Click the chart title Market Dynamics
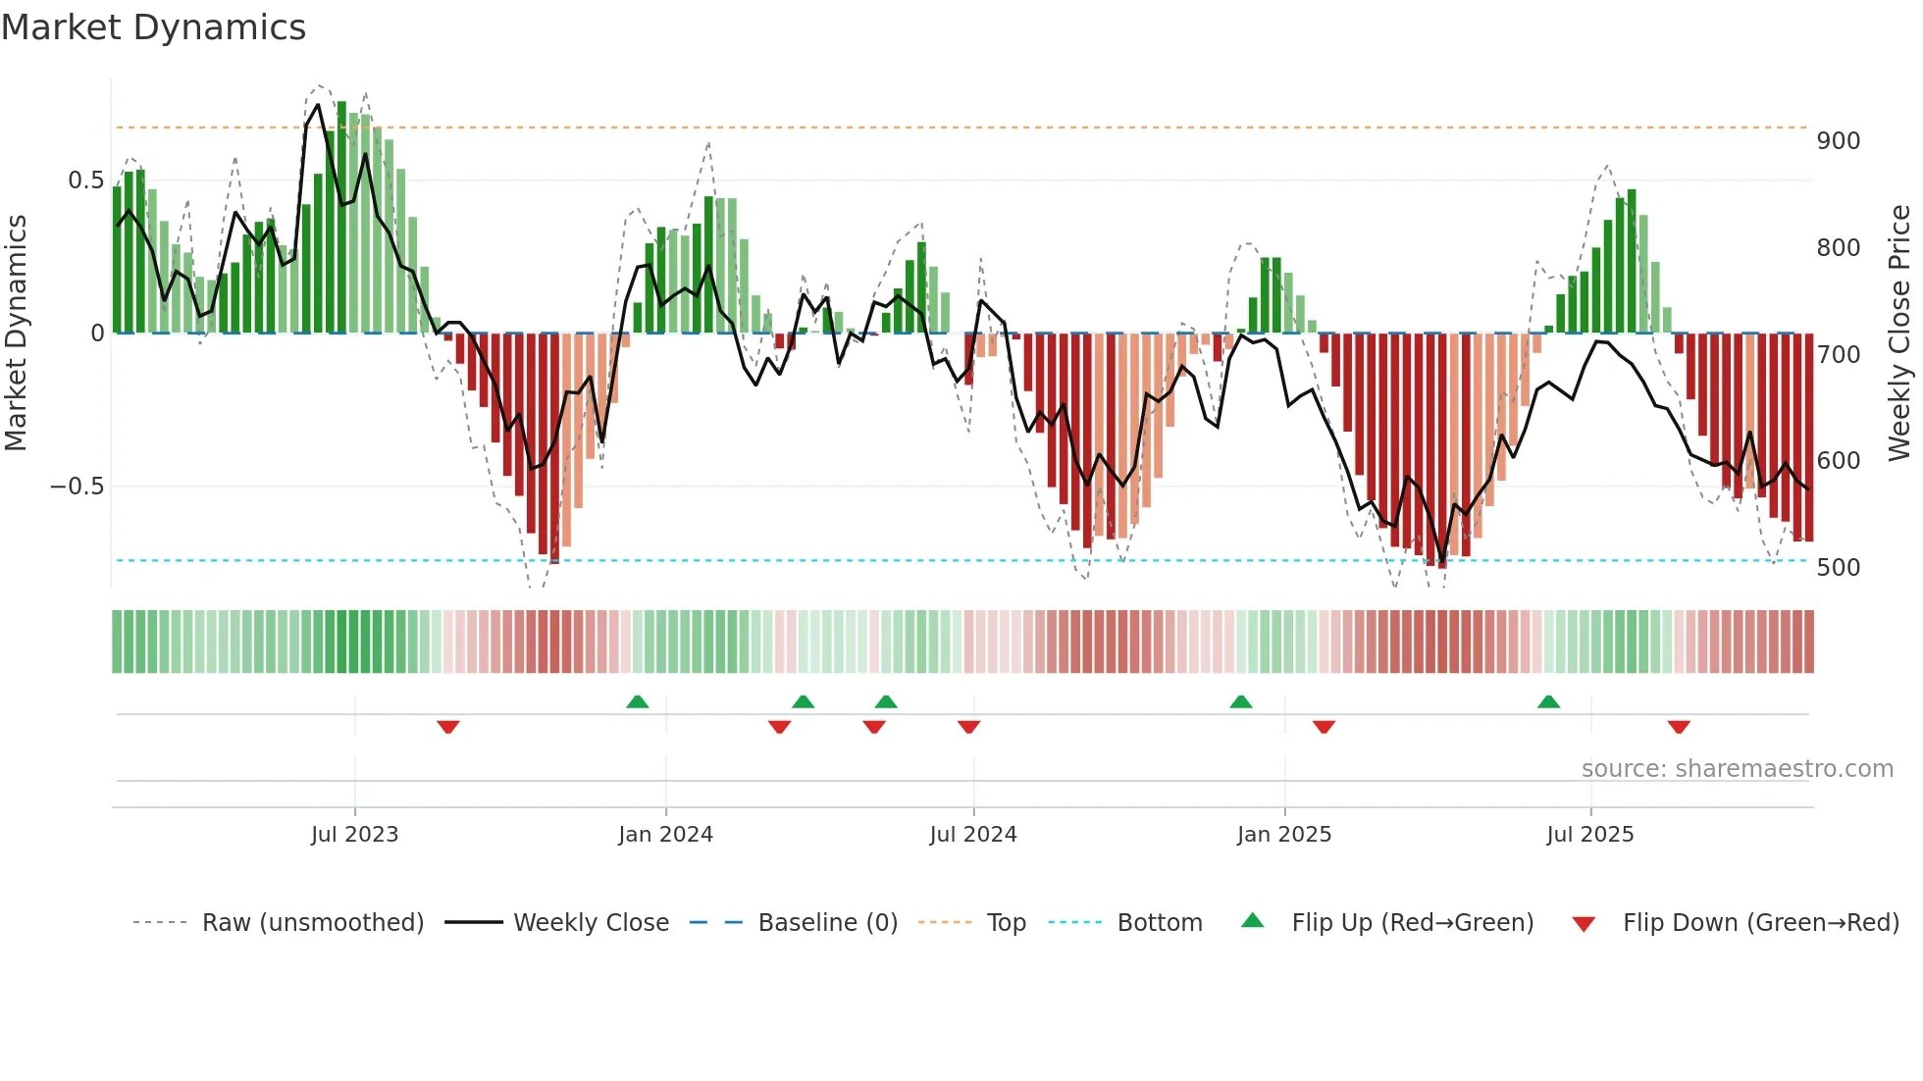[154, 27]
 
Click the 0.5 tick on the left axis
[85, 180]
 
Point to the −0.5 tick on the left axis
[77, 487]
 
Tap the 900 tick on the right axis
[1838, 141]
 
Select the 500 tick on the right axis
[1838, 568]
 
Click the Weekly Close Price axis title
[1899, 334]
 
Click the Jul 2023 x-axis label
[354, 835]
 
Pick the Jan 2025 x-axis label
[1283, 835]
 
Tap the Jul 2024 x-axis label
[972, 835]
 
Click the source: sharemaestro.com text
[1737, 769]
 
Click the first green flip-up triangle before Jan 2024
[638, 702]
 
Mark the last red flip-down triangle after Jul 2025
[1679, 727]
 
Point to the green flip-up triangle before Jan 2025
[1241, 702]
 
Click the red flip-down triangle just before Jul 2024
[969, 727]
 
